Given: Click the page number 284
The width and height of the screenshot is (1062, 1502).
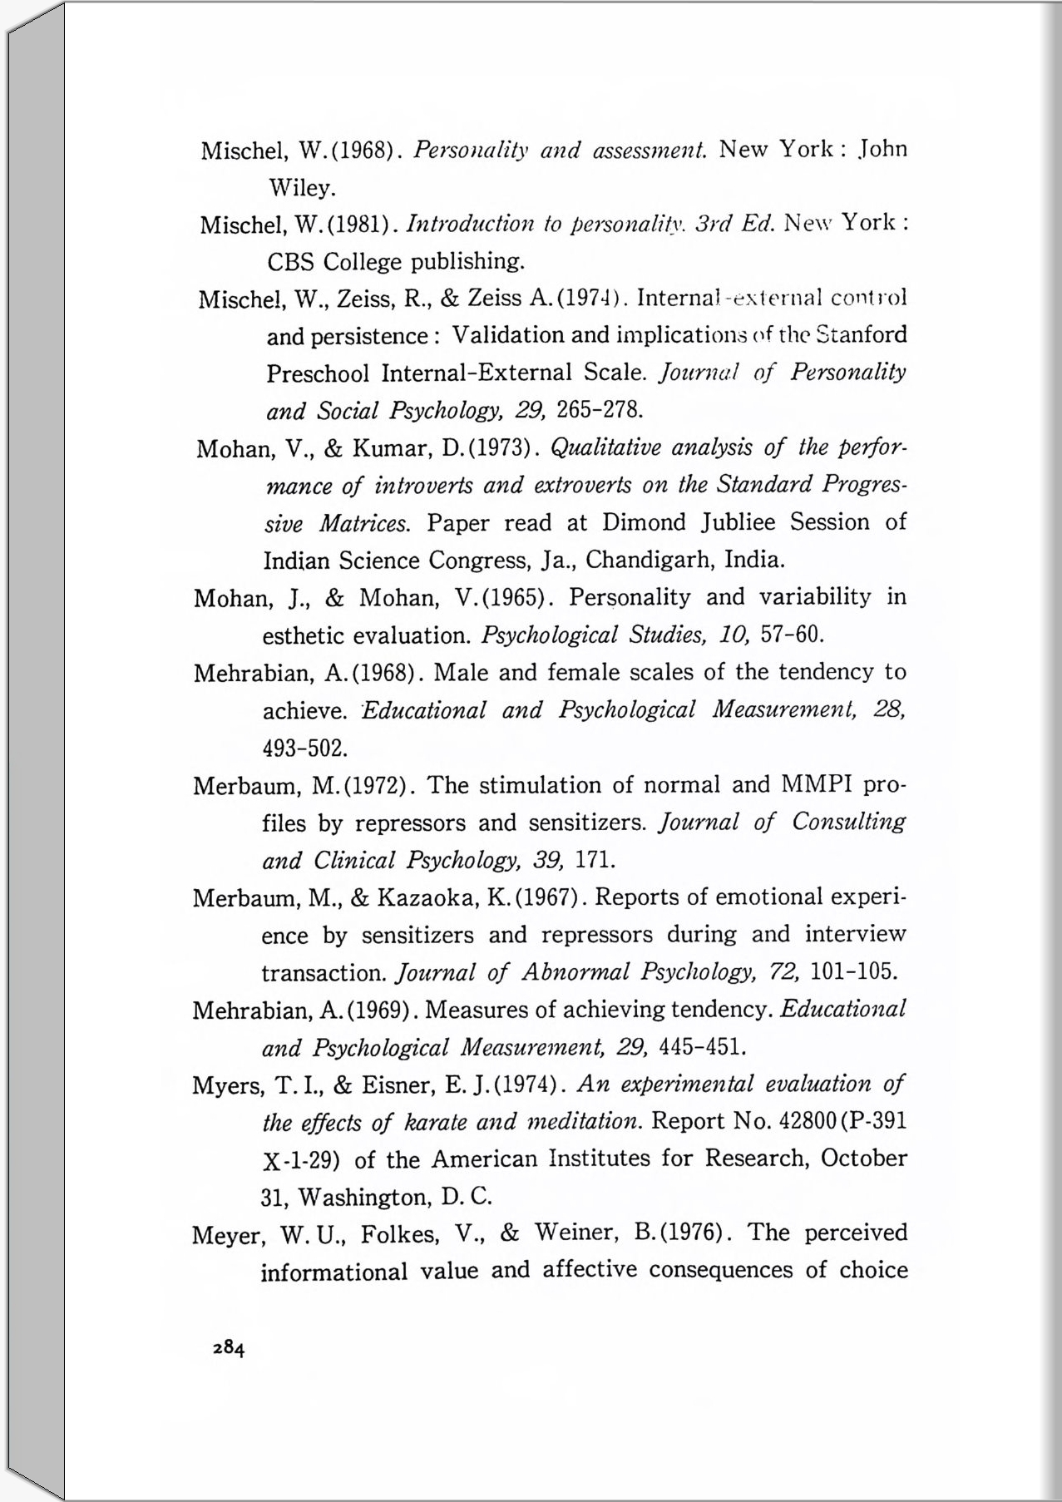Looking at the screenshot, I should (229, 1348).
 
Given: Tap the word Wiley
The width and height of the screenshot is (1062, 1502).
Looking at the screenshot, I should (302, 189).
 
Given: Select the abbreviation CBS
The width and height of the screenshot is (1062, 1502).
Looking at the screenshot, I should (291, 262).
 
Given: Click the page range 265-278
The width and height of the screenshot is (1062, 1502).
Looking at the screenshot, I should (600, 410).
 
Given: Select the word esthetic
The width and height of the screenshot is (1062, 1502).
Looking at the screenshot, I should (304, 636).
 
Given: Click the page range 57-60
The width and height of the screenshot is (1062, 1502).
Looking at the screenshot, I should (792, 636).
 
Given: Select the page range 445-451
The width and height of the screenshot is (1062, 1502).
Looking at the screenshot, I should (700, 1046).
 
